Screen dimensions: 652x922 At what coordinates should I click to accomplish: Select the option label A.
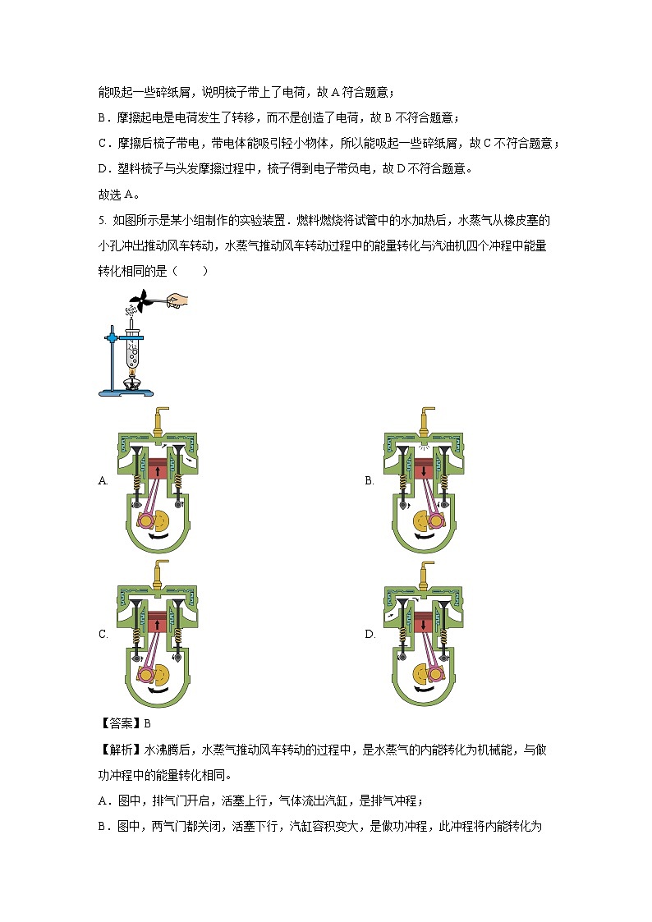coord(103,481)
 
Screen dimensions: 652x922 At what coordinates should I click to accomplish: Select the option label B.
coord(370,481)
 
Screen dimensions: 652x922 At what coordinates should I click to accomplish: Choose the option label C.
coord(103,634)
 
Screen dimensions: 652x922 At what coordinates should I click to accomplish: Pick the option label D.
coord(370,634)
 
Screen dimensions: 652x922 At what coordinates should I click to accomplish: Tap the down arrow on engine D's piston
coord(425,626)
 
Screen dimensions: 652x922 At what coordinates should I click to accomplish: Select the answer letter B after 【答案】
coord(148,723)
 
